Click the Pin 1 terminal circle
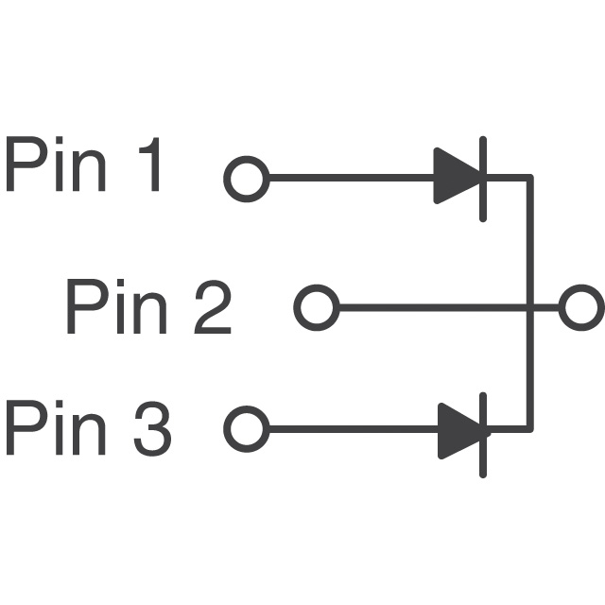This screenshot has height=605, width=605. (x=247, y=178)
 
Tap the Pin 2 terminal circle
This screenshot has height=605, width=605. (x=317, y=307)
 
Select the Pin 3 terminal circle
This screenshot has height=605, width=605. (x=247, y=429)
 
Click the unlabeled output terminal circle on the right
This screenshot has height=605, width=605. (x=580, y=307)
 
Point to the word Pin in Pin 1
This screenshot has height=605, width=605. (x=57, y=168)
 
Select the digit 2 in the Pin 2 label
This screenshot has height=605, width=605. (x=211, y=307)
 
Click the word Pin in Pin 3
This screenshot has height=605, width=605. (x=57, y=429)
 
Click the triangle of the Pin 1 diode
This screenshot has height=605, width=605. (x=457, y=177)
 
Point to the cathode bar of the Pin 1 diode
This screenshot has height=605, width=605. (x=483, y=178)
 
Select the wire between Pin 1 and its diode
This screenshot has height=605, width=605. (x=350, y=178)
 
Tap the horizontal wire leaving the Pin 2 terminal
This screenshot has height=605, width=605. (x=425, y=307)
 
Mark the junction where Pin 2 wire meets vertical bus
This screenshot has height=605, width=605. (x=529, y=307)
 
